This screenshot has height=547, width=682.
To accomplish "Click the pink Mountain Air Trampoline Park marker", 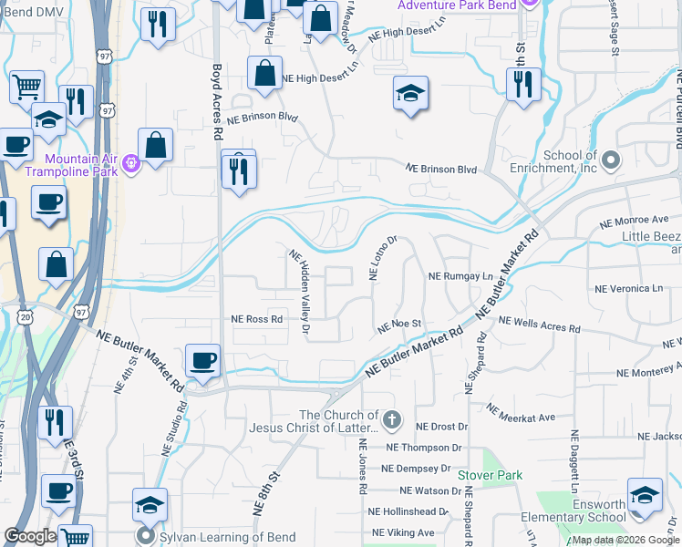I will [130, 163].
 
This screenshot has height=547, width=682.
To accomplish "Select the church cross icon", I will [392, 420].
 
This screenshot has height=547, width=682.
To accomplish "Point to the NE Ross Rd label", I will [256, 319].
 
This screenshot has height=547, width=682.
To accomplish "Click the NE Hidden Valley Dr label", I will [302, 291].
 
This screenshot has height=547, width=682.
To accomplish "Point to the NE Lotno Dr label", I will [381, 259].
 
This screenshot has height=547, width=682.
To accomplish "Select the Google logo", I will [30, 536].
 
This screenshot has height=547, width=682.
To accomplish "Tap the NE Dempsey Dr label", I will [416, 469].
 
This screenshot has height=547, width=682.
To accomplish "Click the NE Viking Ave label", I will [403, 532].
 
